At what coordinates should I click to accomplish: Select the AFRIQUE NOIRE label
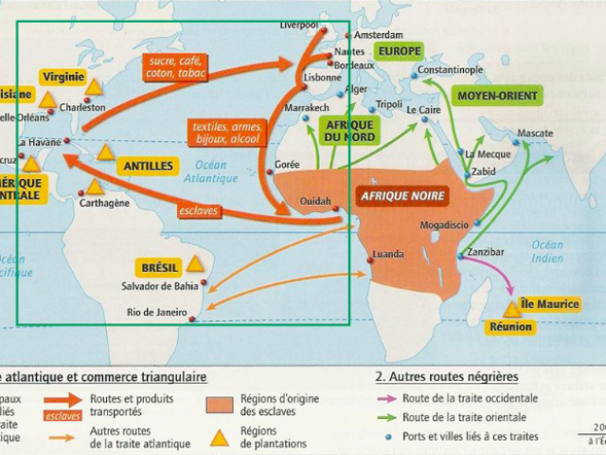(x=401, y=195)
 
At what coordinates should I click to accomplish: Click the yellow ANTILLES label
(x=148, y=166)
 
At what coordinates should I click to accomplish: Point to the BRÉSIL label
(x=158, y=267)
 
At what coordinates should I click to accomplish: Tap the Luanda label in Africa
(x=389, y=254)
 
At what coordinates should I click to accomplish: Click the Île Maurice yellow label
(x=550, y=304)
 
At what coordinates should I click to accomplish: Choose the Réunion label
(x=511, y=327)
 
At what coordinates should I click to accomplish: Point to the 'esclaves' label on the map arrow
(x=199, y=210)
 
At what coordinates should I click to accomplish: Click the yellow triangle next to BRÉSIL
(x=195, y=264)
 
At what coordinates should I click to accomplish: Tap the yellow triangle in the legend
(x=220, y=438)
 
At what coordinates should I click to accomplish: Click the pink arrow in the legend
(x=384, y=399)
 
